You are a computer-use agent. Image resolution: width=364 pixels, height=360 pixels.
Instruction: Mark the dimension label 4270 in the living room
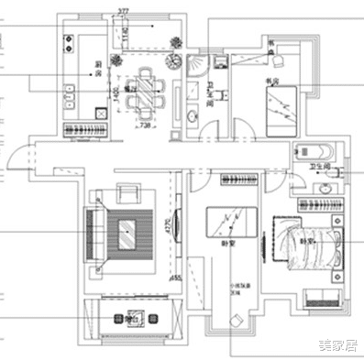(x=167, y=224)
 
